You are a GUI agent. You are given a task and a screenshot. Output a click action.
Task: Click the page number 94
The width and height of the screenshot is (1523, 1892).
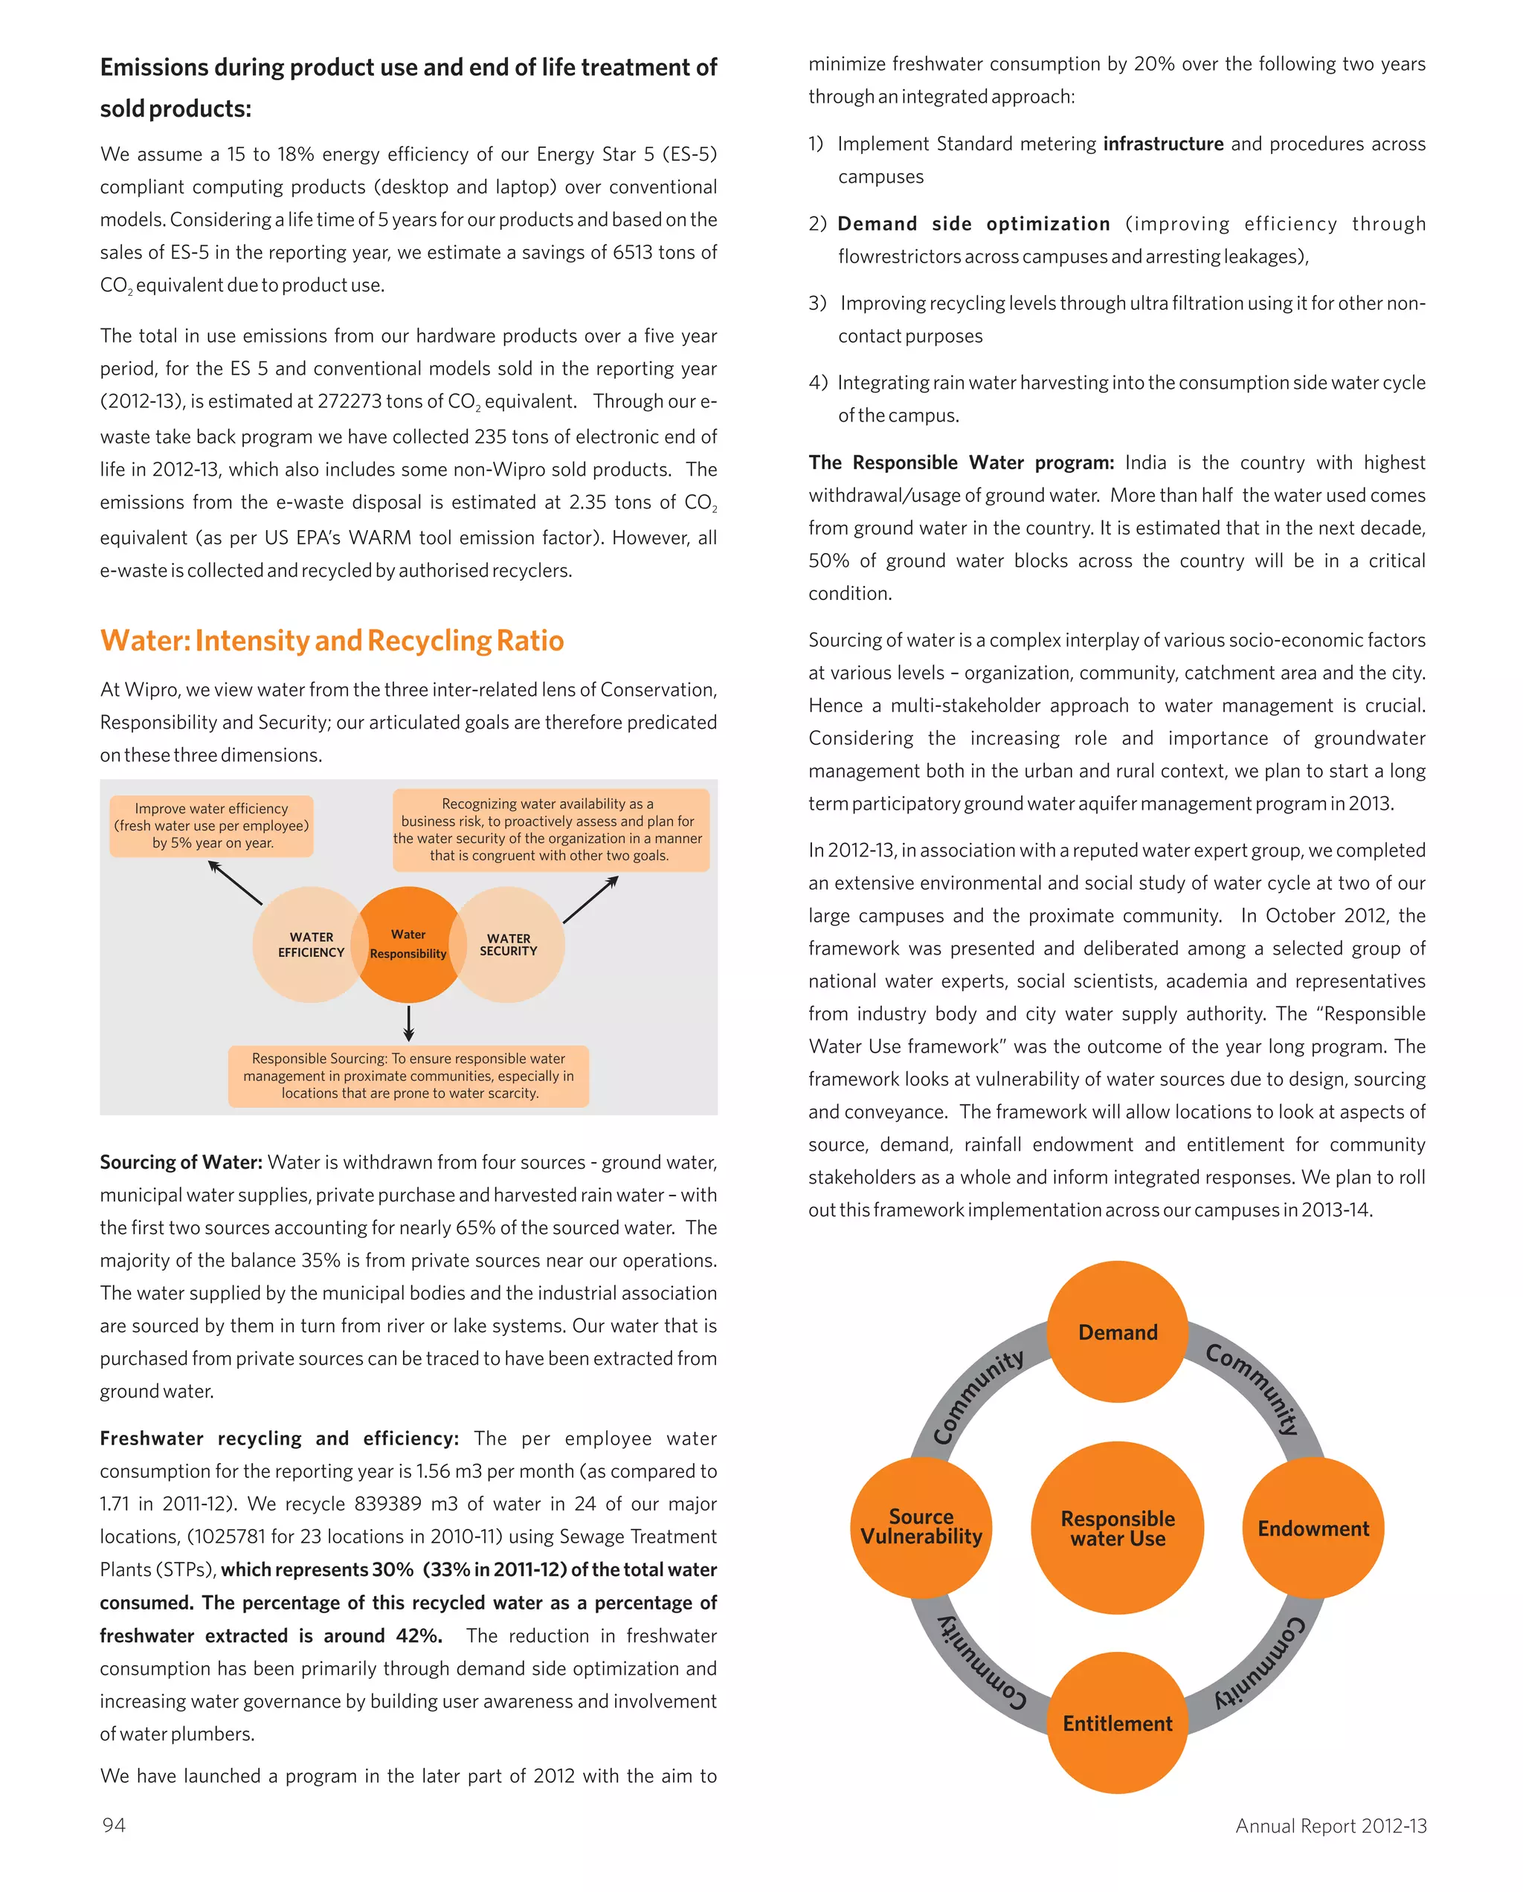pyautogui.click(x=114, y=1825)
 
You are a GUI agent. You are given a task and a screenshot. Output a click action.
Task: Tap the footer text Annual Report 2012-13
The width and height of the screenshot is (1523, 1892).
pyautogui.click(x=1330, y=1826)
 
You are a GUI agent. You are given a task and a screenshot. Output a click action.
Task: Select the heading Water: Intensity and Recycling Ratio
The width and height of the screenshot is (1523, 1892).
pyautogui.click(x=332, y=641)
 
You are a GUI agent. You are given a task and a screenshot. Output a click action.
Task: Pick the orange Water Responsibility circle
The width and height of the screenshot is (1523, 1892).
pyautogui.click(x=408, y=945)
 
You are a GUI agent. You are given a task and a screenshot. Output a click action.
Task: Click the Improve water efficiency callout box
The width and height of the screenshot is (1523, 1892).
pyautogui.click(x=211, y=826)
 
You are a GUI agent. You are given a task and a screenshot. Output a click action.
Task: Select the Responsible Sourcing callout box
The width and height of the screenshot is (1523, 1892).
pyautogui.click(x=409, y=1076)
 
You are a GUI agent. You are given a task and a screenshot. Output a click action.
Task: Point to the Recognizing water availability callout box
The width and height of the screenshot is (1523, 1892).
pyautogui.click(x=550, y=830)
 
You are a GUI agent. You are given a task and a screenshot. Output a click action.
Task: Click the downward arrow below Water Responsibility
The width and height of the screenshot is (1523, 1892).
pyautogui.click(x=409, y=1023)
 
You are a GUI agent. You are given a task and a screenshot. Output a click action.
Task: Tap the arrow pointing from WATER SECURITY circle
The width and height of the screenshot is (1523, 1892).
pyautogui.click(x=590, y=900)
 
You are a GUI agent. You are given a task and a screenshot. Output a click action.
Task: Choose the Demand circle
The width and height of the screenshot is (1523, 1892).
pyautogui.click(x=1118, y=1332)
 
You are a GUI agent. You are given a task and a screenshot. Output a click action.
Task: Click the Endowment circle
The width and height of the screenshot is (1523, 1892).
pyautogui.click(x=1313, y=1528)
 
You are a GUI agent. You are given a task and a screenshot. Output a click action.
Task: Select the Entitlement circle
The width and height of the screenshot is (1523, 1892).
pyautogui.click(x=1118, y=1723)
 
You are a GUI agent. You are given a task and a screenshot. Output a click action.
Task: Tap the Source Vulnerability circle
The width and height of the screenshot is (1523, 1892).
pyautogui.click(x=921, y=1527)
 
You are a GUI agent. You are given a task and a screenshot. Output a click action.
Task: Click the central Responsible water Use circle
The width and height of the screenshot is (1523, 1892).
pyautogui.click(x=1118, y=1528)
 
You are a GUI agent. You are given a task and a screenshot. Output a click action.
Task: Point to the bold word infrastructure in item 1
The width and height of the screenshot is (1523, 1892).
pyautogui.click(x=1163, y=144)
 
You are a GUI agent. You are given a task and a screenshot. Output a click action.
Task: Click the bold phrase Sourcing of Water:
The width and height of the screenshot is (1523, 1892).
pyautogui.click(x=181, y=1163)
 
